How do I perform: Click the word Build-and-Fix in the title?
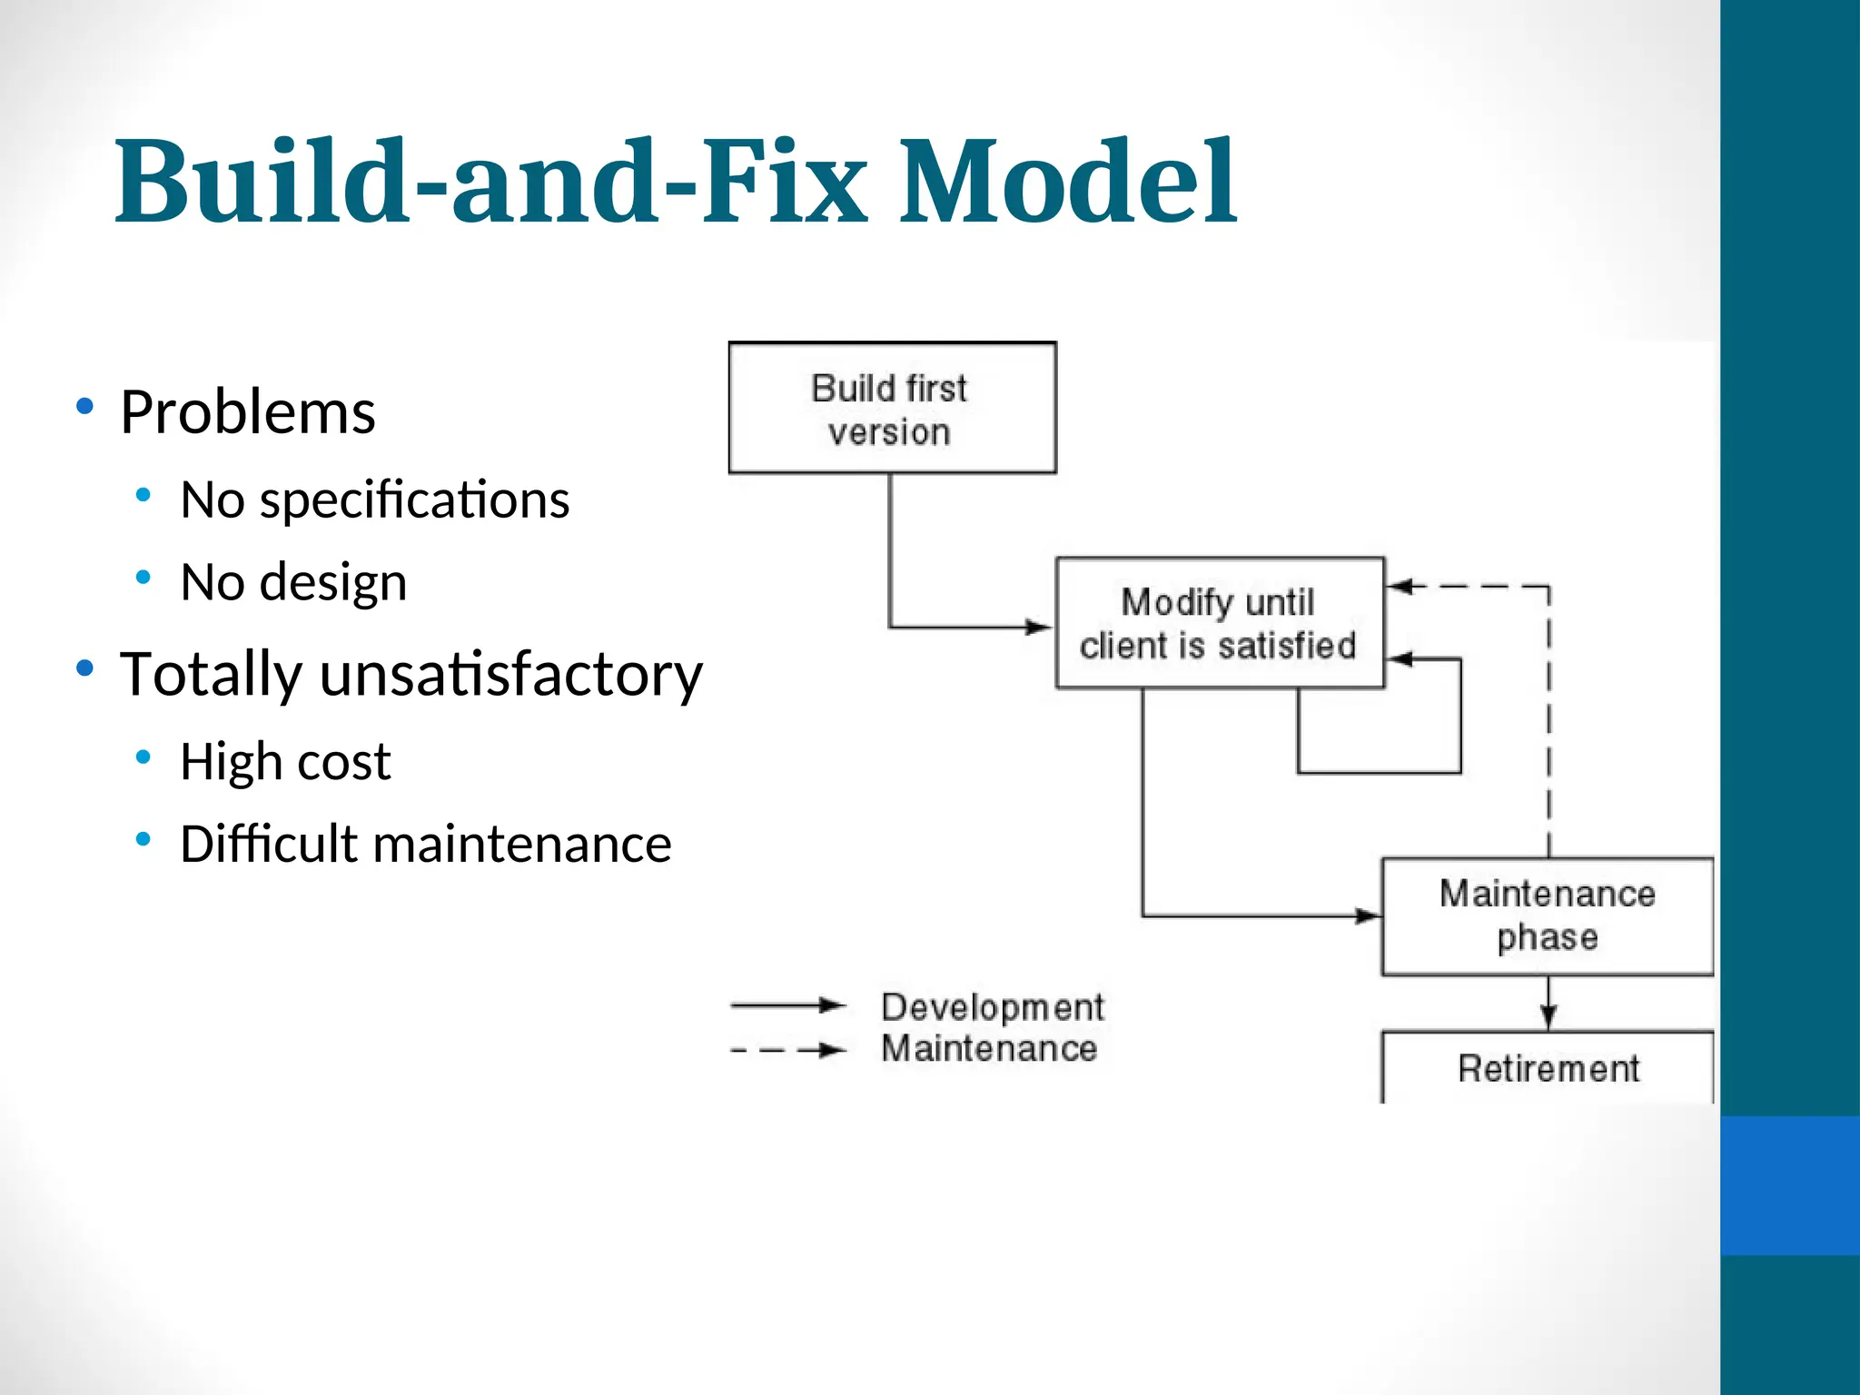point(490,182)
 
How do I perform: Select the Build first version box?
point(892,408)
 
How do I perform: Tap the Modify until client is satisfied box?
point(1219,623)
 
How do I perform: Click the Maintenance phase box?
point(1547,915)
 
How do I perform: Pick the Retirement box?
point(1547,1068)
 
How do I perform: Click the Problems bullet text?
point(247,413)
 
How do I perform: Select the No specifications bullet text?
point(374,500)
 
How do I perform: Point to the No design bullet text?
point(293,582)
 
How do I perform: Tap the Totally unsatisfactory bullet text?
point(411,674)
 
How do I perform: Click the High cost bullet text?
point(285,761)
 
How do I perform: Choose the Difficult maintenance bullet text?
point(425,844)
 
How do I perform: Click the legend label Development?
point(992,1007)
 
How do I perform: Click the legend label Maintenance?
point(989,1049)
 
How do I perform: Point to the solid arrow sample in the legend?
point(787,1004)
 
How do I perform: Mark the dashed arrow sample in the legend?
point(787,1051)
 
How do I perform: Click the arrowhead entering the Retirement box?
point(1548,1018)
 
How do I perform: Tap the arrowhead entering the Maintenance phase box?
point(1367,915)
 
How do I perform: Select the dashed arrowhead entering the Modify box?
point(1401,586)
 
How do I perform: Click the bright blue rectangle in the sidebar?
point(1789,1185)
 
